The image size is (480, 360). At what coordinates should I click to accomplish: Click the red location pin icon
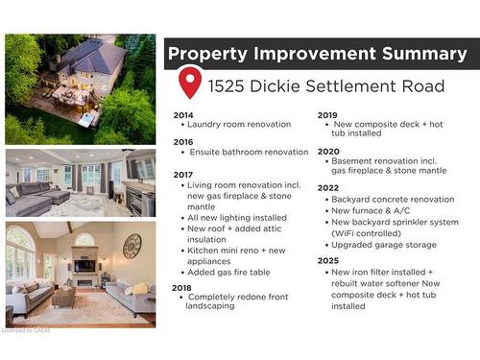[190, 83]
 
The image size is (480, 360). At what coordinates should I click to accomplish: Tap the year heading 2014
[183, 115]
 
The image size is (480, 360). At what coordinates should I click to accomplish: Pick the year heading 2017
[183, 174]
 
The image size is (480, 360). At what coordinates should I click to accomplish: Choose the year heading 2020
[328, 151]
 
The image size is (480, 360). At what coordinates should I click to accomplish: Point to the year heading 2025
[328, 259]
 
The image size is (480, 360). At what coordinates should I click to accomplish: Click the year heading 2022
[328, 187]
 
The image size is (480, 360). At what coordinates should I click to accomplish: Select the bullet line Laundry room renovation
[238, 125]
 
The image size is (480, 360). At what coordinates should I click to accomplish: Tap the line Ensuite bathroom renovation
[249, 152]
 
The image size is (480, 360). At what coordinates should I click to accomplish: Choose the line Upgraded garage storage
[383, 245]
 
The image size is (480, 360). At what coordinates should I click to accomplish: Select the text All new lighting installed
[236, 218]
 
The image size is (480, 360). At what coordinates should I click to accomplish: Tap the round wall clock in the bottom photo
[132, 246]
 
